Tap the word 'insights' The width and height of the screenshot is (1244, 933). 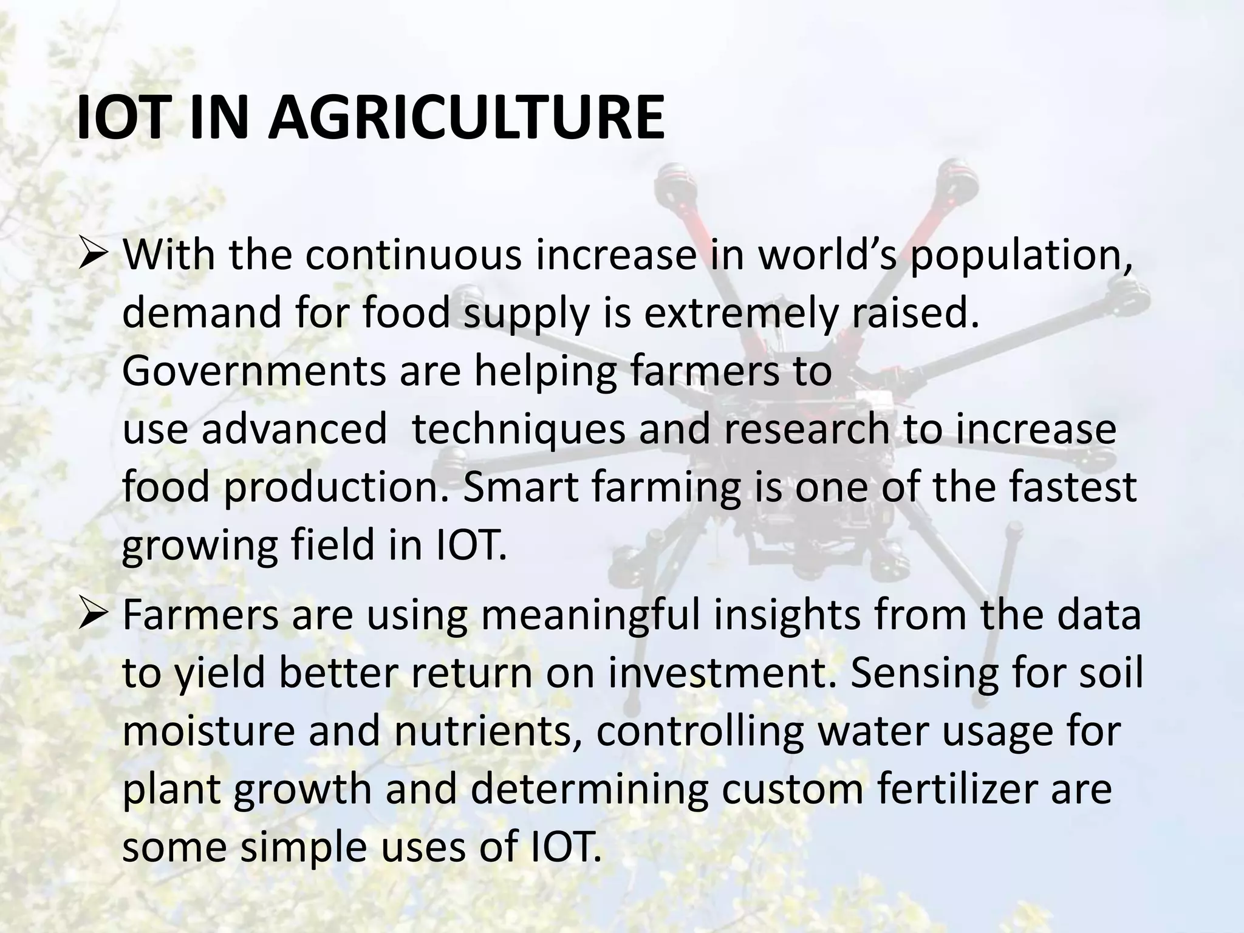pyautogui.click(x=787, y=615)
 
